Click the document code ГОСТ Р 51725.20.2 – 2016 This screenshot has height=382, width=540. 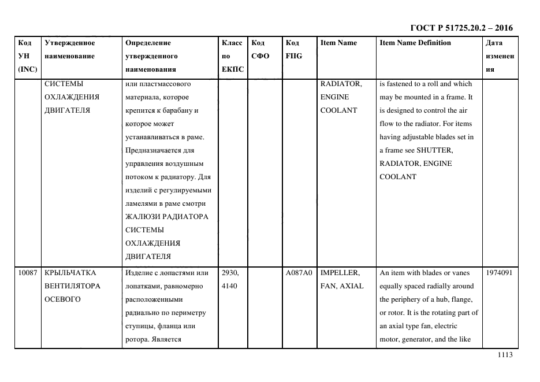click(x=461, y=28)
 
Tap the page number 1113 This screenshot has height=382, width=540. click(x=504, y=355)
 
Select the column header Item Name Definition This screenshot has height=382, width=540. click(x=415, y=43)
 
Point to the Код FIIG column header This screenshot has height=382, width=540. click(x=293, y=49)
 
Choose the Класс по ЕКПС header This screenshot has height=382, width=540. click(x=232, y=56)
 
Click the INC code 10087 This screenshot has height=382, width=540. click(x=27, y=273)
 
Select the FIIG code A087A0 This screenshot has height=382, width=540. click(x=299, y=273)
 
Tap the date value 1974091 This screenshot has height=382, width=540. click(x=499, y=273)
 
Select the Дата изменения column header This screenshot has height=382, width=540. click(x=499, y=56)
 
